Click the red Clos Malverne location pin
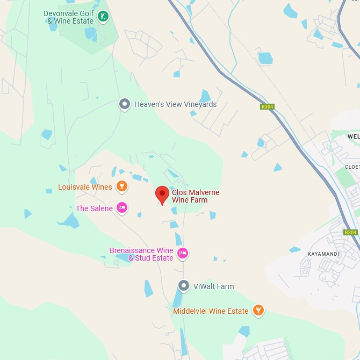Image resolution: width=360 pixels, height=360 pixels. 162,195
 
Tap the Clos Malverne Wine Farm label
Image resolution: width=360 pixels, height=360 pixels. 196,196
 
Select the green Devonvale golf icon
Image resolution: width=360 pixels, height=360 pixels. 103,17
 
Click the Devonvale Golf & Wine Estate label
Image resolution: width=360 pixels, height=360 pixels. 69,17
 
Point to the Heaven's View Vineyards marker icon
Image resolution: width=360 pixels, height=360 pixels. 125,104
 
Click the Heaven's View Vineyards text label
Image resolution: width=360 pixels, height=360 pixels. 175,104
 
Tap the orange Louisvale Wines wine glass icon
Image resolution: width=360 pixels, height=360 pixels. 122,187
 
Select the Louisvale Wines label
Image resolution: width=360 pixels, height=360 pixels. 85,187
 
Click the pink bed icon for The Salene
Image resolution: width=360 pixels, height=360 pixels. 122,208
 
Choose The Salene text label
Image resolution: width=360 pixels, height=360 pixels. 94,208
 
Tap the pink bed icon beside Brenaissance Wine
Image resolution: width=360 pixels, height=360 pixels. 183,253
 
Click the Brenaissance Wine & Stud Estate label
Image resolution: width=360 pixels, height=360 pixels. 141,254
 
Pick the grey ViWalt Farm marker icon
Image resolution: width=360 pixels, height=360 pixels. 184,286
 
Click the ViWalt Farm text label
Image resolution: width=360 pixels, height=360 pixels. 213,286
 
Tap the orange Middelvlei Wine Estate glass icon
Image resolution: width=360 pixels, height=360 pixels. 258,311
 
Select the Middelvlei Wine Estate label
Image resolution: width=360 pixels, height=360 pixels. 211,311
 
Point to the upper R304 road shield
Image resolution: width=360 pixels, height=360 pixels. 267,107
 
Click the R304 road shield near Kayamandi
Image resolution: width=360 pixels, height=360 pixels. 350,233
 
